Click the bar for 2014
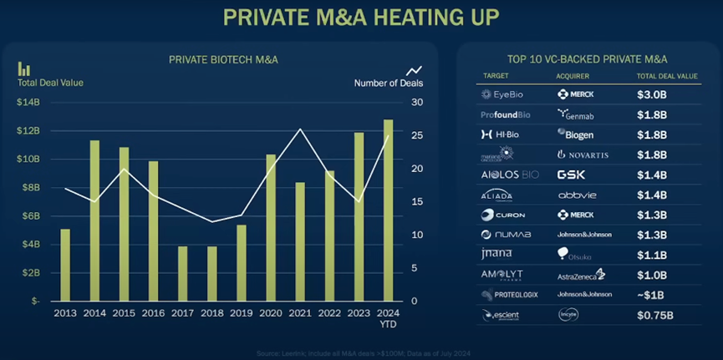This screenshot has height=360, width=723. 94,221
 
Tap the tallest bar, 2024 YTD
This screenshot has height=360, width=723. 388,210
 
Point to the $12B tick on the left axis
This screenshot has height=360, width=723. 28,131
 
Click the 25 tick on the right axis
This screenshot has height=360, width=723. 416,135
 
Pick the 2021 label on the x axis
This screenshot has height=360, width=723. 299,313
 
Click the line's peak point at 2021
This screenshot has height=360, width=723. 299,129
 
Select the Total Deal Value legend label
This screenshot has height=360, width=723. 50,83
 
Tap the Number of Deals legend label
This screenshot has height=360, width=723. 388,83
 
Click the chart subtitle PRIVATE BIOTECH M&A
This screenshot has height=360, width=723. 223,59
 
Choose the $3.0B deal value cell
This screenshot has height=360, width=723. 652,94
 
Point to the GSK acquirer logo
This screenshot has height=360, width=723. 573,175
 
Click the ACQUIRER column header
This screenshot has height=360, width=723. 573,76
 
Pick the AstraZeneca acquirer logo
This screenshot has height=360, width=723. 579,275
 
